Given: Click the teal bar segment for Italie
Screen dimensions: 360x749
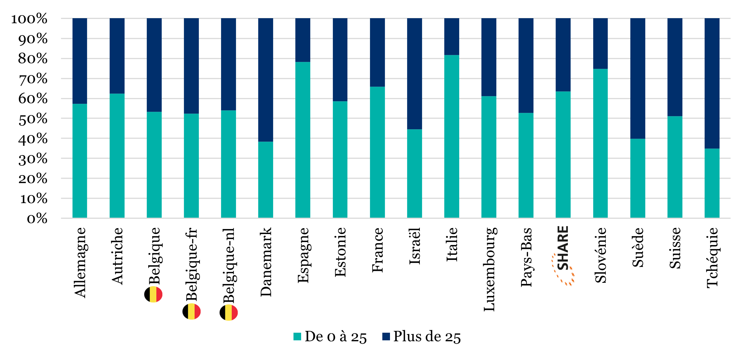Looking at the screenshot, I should pyautogui.click(x=452, y=137).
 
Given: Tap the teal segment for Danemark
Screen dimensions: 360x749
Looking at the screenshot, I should pyautogui.click(x=265, y=180).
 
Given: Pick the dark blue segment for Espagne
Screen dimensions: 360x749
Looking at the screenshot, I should pyautogui.click(x=303, y=40).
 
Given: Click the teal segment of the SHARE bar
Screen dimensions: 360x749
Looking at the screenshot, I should pyautogui.click(x=563, y=155).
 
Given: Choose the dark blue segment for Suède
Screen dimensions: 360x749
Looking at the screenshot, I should pyautogui.click(x=638, y=78).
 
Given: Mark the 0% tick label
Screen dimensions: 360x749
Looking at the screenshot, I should pyautogui.click(x=37, y=219).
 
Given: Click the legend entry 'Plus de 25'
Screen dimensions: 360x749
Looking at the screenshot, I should pyautogui.click(x=422, y=337).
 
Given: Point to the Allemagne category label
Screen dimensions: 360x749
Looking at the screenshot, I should pyautogui.click(x=80, y=262).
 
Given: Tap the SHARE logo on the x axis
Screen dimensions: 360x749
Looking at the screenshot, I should pyautogui.click(x=563, y=255).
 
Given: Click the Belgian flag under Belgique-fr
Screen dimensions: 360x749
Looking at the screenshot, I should pyautogui.click(x=192, y=312).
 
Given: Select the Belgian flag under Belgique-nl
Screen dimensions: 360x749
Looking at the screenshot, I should pyautogui.click(x=229, y=313).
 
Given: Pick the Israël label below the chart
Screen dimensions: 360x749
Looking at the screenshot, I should pyautogui.click(x=415, y=246).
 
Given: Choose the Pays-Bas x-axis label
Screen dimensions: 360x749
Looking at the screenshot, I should pyautogui.click(x=526, y=257).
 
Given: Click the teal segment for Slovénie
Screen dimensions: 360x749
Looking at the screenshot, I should pyautogui.click(x=600, y=143).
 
